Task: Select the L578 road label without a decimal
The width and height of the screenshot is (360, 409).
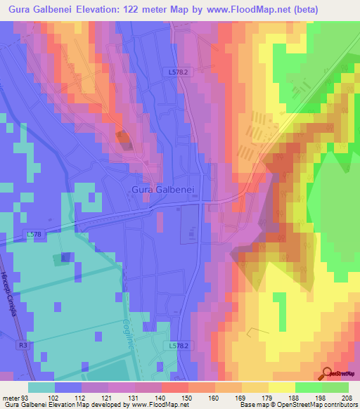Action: [x=34, y=233]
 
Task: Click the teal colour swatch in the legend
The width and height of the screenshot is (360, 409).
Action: [x=41, y=387]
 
